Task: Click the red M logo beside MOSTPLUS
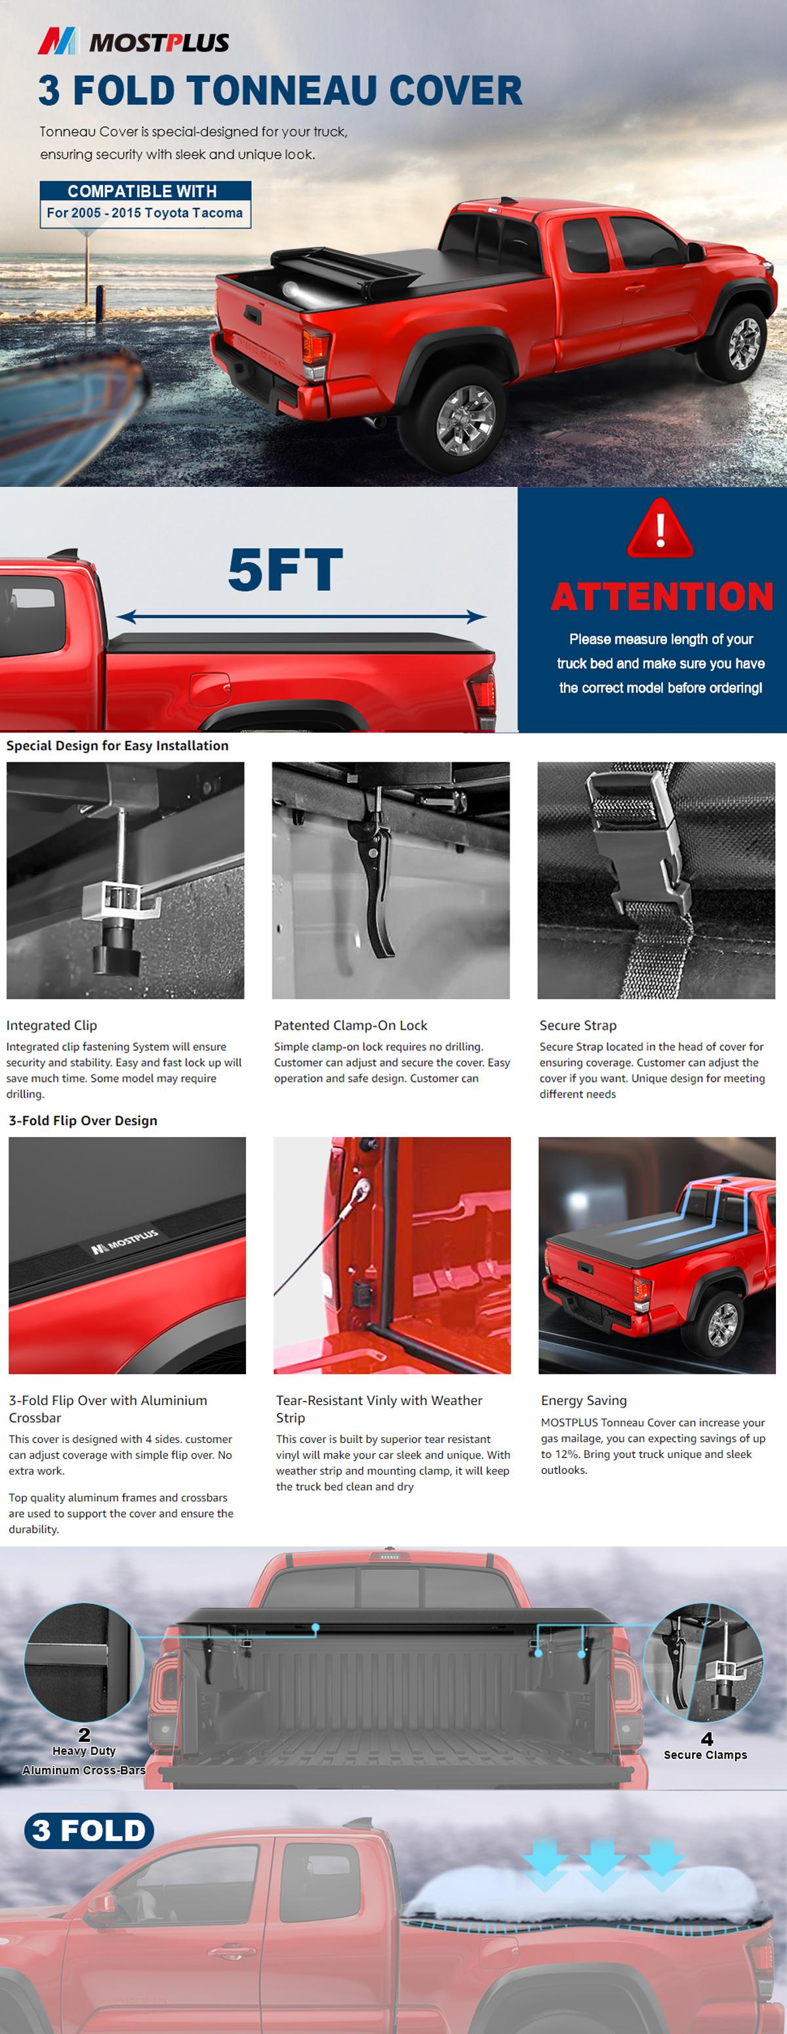point(58,41)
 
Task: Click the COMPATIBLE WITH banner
point(142,191)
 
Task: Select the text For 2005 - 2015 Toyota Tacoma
point(144,213)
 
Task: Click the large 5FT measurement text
point(285,570)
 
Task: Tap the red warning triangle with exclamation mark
point(660,529)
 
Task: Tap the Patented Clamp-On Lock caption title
point(351,1025)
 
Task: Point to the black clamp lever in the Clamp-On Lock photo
point(378,885)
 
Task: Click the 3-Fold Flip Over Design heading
point(83,1121)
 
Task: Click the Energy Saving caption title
point(584,1400)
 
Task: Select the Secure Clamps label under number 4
point(705,1754)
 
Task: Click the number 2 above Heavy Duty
point(85,1735)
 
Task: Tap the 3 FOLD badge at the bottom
point(89,1830)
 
